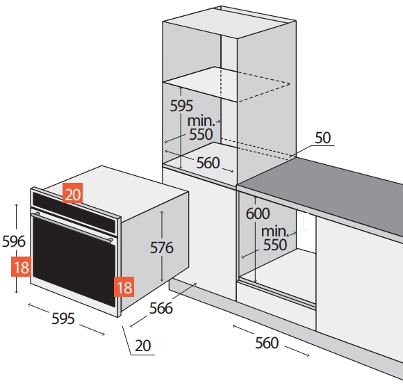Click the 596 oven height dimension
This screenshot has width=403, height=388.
[x=14, y=241]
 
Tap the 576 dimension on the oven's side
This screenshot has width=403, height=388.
[x=162, y=248]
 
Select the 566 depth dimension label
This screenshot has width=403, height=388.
[x=161, y=308]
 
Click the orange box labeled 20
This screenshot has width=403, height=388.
[x=72, y=193]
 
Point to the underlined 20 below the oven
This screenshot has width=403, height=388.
[x=143, y=346]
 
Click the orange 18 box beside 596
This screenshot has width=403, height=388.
[x=21, y=266]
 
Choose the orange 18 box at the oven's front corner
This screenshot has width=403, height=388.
[x=124, y=286]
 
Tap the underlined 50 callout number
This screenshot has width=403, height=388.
[x=323, y=138]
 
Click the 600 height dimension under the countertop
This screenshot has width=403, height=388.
[x=258, y=213]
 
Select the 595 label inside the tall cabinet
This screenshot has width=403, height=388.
[x=181, y=106]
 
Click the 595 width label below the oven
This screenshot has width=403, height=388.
[x=63, y=318]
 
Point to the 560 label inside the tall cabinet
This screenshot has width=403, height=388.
[x=208, y=163]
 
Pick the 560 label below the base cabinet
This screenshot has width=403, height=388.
[x=267, y=343]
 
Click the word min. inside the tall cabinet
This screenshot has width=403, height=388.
[x=201, y=121]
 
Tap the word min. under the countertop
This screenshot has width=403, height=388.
[x=274, y=232]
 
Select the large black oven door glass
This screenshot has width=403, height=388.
[x=74, y=262]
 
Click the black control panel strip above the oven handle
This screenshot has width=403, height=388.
[x=74, y=212]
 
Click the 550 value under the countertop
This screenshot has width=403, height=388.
[x=275, y=245]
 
